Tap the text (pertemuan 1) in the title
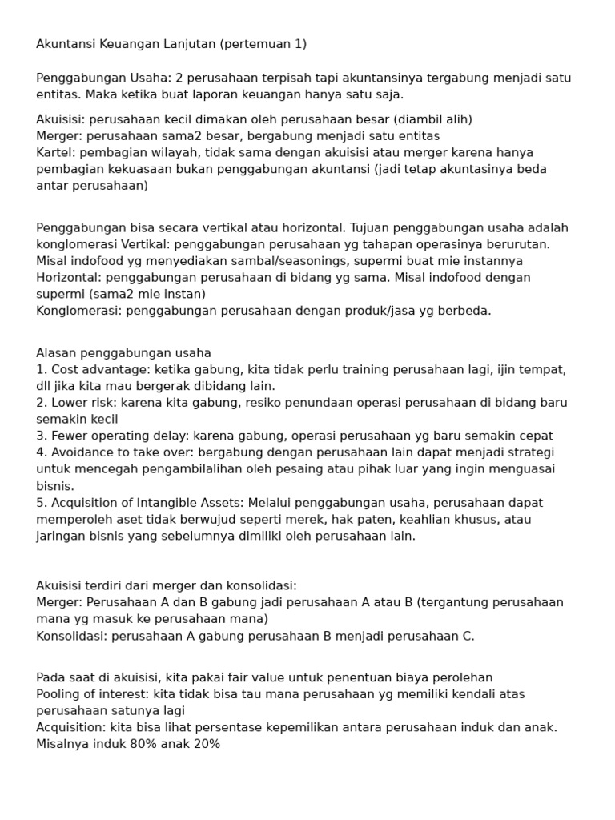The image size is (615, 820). pyautogui.click(x=263, y=44)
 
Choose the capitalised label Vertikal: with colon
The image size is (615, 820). pyautogui.click(x=145, y=244)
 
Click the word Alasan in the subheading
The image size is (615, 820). pyautogui.click(x=57, y=353)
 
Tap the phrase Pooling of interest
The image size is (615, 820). pyautogui.click(x=88, y=694)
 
